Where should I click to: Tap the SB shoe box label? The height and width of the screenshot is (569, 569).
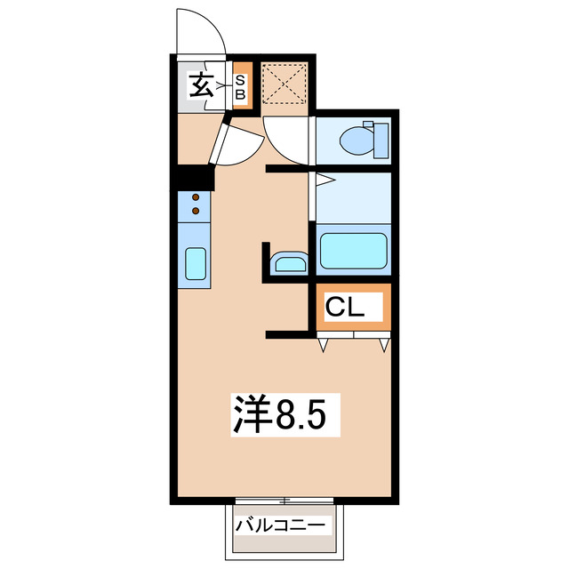240,86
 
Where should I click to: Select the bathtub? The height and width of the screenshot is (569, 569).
353,252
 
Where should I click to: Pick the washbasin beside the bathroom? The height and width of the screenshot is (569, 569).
289,263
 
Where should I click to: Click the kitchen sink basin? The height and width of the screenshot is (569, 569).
196,264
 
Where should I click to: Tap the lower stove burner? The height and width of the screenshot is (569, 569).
196,212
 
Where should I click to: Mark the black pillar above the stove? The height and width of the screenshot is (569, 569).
194,178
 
